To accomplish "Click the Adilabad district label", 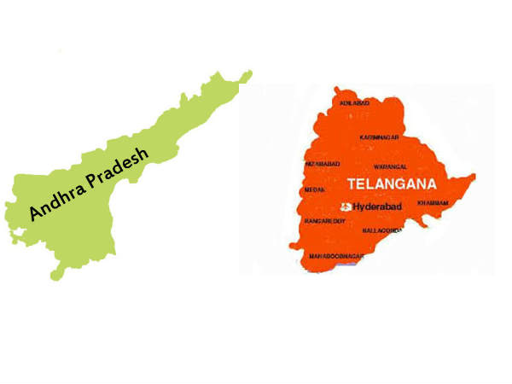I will pyautogui.click(x=356, y=103).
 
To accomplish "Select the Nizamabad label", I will pyautogui.click(x=323, y=162).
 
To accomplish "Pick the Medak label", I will pyautogui.click(x=315, y=190).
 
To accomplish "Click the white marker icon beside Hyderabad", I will pyautogui.click(x=346, y=207).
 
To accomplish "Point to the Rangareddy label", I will pyautogui.click(x=324, y=221).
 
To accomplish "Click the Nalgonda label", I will pyautogui.click(x=381, y=230).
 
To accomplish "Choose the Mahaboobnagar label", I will pyautogui.click(x=335, y=256).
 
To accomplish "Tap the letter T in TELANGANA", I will pyautogui.click(x=351, y=183).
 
